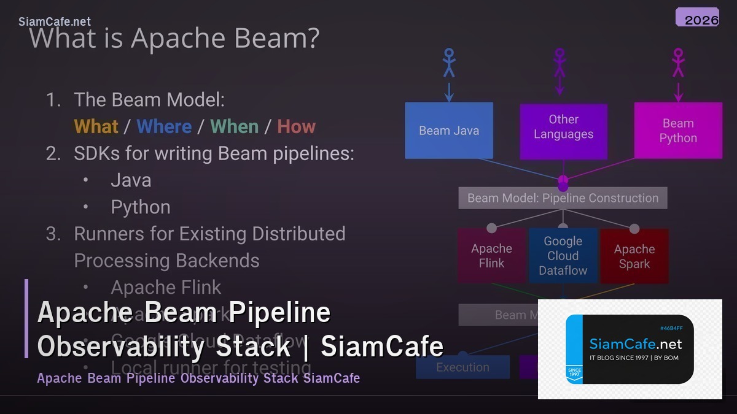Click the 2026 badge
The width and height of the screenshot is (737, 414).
697,17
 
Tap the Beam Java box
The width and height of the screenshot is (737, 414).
449,131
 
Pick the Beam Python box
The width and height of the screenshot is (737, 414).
678,131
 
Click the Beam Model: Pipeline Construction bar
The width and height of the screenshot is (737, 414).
563,198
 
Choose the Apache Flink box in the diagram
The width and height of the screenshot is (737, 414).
491,256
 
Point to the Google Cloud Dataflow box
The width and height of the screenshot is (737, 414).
563,256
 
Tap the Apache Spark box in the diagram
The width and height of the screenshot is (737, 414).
634,256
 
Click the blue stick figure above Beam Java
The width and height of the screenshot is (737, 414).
449,63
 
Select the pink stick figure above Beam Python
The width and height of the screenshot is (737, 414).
678,63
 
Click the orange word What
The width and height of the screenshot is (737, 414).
96,126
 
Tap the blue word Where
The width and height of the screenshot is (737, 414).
164,126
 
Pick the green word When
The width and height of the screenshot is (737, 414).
234,126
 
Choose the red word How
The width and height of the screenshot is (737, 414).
296,126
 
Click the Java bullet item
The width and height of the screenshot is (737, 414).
131,180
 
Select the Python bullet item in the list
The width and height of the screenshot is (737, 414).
141,207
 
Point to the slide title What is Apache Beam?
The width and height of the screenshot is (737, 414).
174,38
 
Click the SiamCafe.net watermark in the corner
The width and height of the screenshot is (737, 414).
55,21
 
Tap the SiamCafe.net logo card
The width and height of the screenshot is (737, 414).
630,349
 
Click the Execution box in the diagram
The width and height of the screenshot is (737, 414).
462,367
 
